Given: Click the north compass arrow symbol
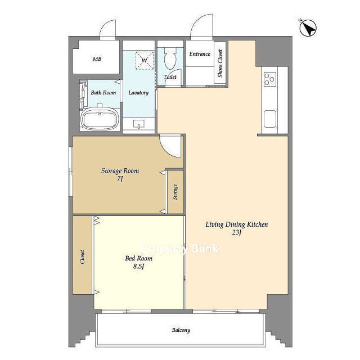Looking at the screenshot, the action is click(308, 28).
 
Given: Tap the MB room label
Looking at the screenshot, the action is click(97, 59).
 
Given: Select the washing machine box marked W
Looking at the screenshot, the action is click(145, 60).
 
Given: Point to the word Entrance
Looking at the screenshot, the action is click(200, 54).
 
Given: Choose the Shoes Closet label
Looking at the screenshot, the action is click(220, 63).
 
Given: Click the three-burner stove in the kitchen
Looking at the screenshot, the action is click(270, 79).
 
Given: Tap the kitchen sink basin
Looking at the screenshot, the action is click(270, 119).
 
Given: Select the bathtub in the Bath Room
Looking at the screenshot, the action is click(100, 119).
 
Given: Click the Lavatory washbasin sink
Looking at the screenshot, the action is click(139, 124).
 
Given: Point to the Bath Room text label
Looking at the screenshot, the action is click(103, 92).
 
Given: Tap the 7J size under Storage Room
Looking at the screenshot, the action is click(120, 179).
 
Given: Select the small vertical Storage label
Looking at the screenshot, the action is click(175, 192).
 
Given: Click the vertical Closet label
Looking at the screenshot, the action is click(82, 256).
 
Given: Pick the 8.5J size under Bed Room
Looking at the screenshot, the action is click(139, 266).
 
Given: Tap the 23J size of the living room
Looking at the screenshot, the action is click(236, 232).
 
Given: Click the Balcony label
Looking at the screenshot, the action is click(181, 330).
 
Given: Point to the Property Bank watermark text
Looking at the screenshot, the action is click(180, 249).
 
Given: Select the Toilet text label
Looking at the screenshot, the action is click(170, 77).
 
